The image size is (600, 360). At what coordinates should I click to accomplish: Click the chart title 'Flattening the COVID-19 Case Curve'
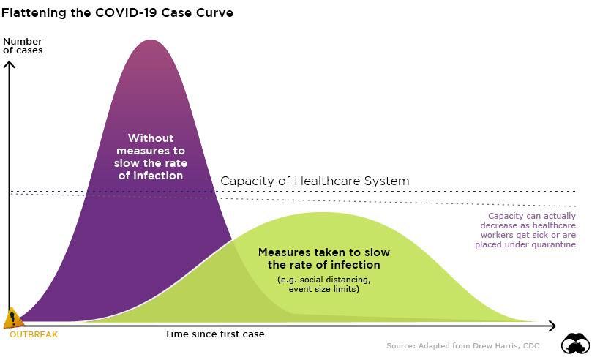(117, 13)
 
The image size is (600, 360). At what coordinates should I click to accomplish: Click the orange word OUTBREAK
(34, 334)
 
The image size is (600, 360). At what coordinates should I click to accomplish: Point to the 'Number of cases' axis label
(23, 46)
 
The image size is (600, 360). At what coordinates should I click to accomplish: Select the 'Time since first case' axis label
(214, 334)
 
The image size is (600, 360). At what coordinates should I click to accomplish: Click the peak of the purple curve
(151, 40)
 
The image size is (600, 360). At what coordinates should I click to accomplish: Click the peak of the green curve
(322, 213)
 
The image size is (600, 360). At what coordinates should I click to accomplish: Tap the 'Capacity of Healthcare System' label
(315, 181)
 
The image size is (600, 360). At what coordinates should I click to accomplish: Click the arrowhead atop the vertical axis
(10, 64)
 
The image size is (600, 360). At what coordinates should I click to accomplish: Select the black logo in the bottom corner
(576, 344)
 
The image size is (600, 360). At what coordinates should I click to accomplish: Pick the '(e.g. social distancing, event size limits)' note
(324, 285)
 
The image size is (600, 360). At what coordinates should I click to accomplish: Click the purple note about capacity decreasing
(525, 230)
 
